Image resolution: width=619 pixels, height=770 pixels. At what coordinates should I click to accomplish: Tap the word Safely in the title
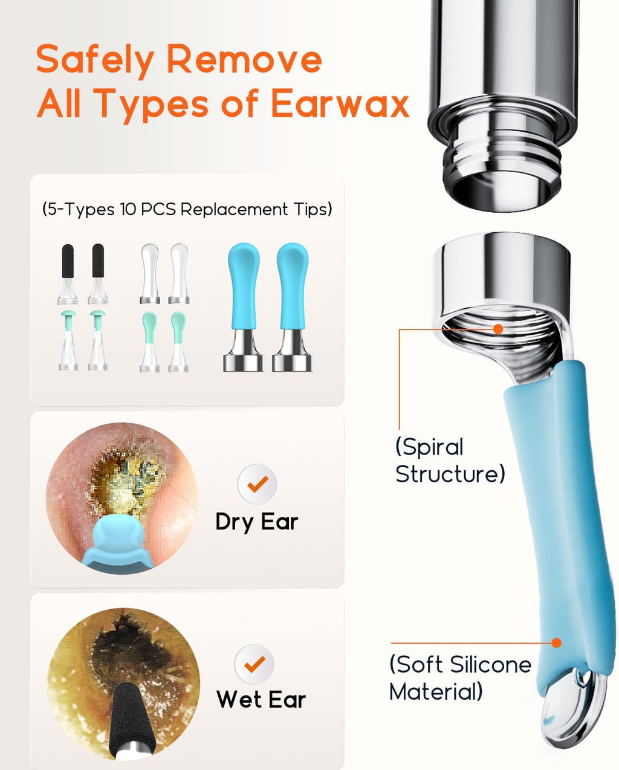pyautogui.click(x=96, y=60)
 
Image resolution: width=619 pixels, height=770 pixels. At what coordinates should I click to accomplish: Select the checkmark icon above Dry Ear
pyautogui.click(x=258, y=484)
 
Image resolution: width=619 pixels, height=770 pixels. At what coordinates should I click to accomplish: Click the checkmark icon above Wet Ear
pyautogui.click(x=254, y=664)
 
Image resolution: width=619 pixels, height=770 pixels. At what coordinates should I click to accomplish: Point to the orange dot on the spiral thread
pyautogui.click(x=498, y=329)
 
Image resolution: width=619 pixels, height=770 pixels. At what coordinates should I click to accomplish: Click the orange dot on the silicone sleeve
pyautogui.click(x=556, y=643)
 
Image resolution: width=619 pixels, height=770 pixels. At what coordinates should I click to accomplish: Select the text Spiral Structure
pyautogui.click(x=450, y=461)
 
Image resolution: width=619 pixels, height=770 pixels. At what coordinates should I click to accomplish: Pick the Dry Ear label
pyautogui.click(x=257, y=522)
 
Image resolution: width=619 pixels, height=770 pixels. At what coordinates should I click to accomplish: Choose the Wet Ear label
pyautogui.click(x=261, y=699)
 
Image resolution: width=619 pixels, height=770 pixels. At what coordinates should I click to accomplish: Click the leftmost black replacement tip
pyautogui.click(x=68, y=274)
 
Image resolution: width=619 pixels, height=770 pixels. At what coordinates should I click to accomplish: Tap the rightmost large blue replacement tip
pyautogui.click(x=292, y=307)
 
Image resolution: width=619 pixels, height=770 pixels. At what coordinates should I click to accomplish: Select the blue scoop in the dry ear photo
pyautogui.click(x=118, y=547)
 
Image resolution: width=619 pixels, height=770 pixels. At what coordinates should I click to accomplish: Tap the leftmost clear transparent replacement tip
pyautogui.click(x=150, y=274)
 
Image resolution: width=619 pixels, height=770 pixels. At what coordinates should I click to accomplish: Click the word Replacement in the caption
pyautogui.click(x=234, y=209)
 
